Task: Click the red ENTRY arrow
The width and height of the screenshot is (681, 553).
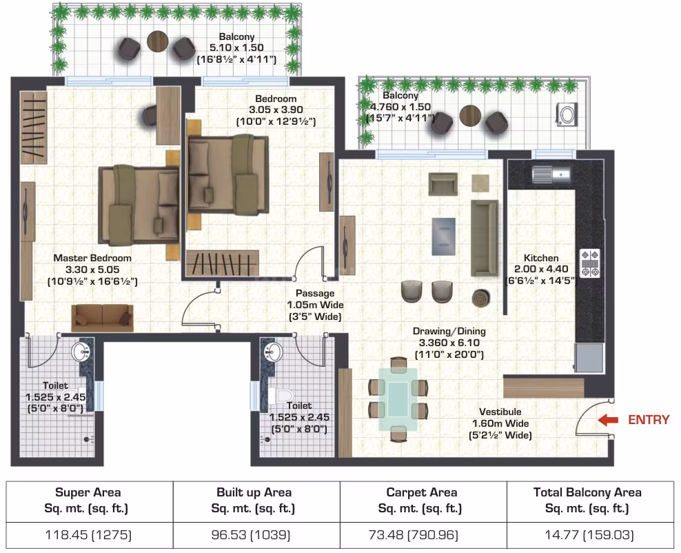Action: point(608,420)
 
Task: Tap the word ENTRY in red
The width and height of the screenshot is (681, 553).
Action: point(649,420)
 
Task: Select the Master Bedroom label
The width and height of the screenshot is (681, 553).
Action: point(92,258)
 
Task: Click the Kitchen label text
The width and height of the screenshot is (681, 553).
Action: point(541,258)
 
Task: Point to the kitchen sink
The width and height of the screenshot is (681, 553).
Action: point(551,174)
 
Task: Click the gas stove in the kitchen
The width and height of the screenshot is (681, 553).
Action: point(590,263)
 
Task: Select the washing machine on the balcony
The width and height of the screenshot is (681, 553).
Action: point(567,115)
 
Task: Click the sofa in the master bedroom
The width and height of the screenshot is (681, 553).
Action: point(103,318)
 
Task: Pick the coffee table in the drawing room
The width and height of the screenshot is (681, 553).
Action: point(444,237)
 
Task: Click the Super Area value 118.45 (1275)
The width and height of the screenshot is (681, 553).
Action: point(89,534)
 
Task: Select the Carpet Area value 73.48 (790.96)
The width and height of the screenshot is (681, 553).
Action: point(414,534)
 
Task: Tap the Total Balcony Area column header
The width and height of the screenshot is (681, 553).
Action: point(587,501)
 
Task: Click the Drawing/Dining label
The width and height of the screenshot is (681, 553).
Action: point(449,331)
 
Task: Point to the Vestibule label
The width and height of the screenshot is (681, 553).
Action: point(500,412)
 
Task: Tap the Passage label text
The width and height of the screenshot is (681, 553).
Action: point(315,293)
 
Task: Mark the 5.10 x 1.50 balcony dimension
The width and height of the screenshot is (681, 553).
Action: point(236,48)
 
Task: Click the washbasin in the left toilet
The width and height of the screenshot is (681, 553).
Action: point(81,352)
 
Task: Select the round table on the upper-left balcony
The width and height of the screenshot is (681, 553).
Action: point(158,41)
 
